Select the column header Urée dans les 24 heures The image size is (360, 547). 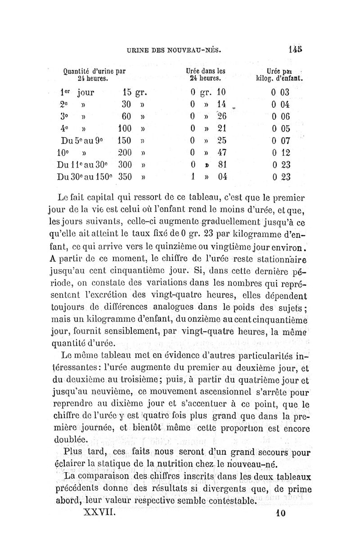tap(206, 74)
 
